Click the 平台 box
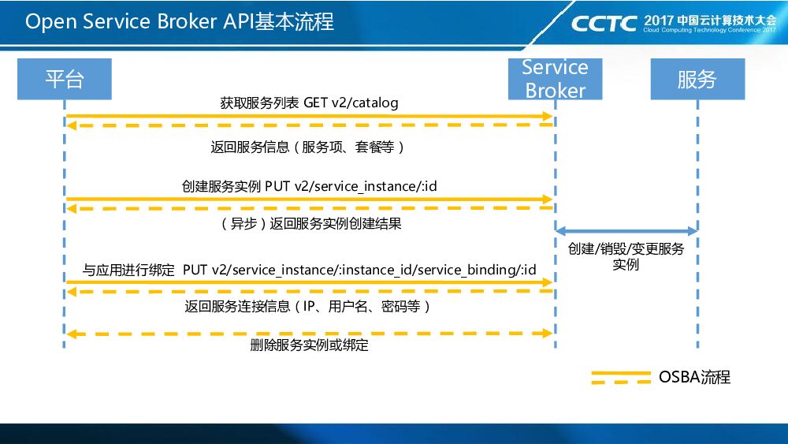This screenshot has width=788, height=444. (x=64, y=79)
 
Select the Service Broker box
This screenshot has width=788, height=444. (x=555, y=79)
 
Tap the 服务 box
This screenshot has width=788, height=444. (x=697, y=79)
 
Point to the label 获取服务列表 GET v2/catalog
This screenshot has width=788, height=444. (x=309, y=103)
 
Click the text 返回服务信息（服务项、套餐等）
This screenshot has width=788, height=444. (x=308, y=147)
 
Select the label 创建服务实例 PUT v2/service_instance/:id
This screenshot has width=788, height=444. (x=309, y=187)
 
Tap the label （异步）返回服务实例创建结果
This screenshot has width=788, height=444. (x=309, y=224)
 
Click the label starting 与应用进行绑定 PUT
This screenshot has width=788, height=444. (x=309, y=270)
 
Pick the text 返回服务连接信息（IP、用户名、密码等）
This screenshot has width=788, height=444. (x=308, y=307)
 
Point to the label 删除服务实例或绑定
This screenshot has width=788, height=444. (x=309, y=345)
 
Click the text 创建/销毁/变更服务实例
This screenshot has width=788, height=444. (x=626, y=256)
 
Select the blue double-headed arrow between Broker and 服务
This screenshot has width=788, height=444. (x=626, y=231)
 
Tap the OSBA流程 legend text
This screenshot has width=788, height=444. (x=694, y=377)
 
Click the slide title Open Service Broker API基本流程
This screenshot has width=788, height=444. (x=180, y=21)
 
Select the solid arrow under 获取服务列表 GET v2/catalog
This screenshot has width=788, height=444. (x=309, y=116)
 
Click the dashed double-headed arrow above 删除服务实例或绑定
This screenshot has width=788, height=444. (x=309, y=334)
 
